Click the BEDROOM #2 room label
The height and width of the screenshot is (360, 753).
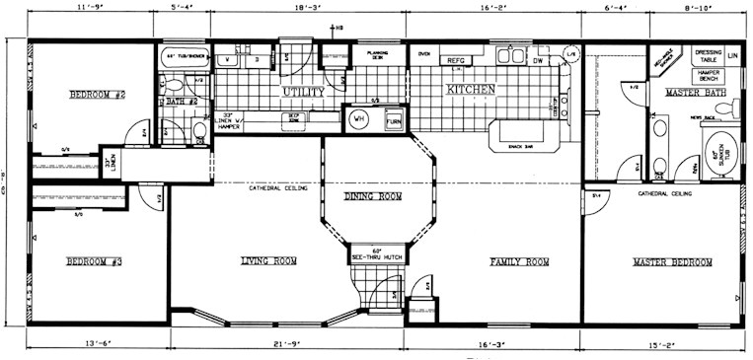[x=96, y=95]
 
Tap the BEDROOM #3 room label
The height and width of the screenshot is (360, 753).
[x=96, y=261]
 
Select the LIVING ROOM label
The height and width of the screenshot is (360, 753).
[x=268, y=261]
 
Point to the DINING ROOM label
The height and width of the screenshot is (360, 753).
[x=373, y=197]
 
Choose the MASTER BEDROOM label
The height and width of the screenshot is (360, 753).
[x=672, y=261]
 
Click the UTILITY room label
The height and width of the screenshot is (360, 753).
[x=303, y=91]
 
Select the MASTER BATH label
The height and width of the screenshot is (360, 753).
[x=690, y=93]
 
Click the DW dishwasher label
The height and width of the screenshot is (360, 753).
[x=538, y=61]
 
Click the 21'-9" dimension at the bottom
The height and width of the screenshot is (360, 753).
[x=288, y=344]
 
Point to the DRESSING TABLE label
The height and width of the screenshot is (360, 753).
[x=708, y=56]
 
